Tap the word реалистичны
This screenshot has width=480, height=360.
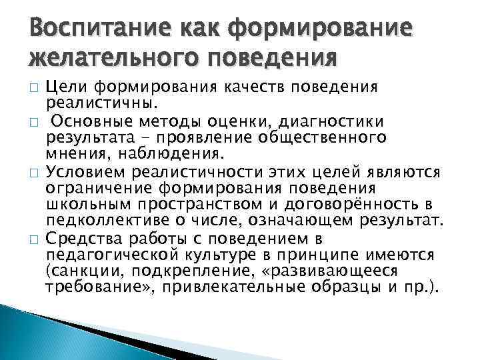(x=102, y=103)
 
